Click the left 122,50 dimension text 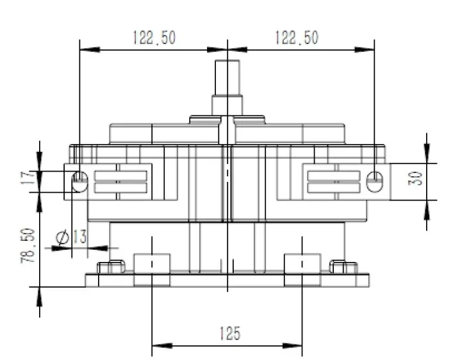[154, 38]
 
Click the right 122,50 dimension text [296, 38]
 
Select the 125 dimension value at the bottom [229, 333]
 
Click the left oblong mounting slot [79, 181]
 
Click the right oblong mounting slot [374, 181]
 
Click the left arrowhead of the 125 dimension [156, 348]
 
